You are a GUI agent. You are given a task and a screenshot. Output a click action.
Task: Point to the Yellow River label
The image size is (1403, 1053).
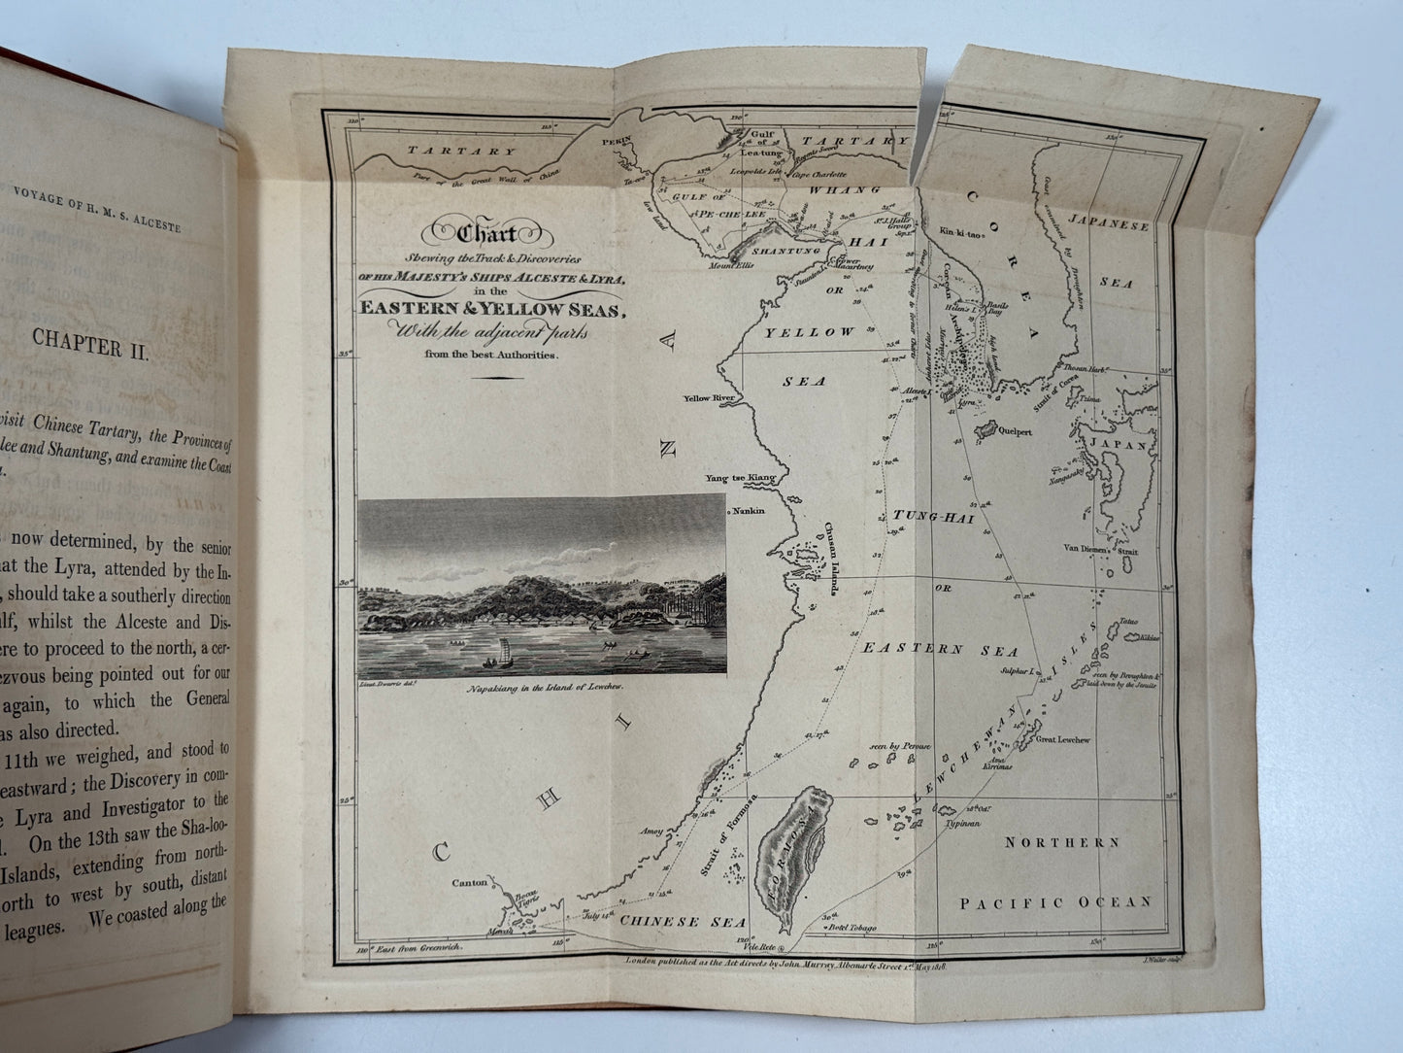pyautogui.click(x=711, y=398)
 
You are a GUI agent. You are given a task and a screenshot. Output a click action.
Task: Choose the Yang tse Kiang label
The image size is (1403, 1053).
pyautogui.click(x=741, y=478)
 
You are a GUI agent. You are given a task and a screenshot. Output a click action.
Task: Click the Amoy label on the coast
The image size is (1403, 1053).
pyautogui.click(x=650, y=832)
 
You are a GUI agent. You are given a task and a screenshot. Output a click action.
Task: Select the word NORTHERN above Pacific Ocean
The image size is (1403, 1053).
pyautogui.click(x=1061, y=843)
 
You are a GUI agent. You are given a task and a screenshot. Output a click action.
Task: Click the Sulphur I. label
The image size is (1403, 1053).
pyautogui.click(x=1021, y=671)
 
